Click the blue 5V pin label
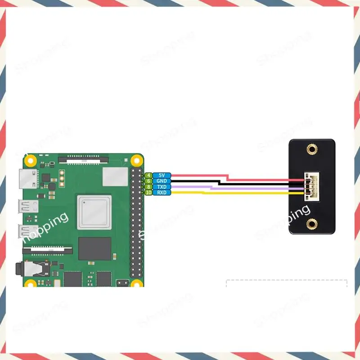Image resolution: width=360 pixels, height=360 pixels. coord(161,175)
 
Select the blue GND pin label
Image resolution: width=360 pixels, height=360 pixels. coord(161,181)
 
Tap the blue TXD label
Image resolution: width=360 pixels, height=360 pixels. coord(161,187)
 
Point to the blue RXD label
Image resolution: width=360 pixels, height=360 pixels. coord(161,193)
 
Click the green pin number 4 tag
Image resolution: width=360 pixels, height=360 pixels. coord(148,175)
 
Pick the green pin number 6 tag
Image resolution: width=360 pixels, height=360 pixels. coord(148,181)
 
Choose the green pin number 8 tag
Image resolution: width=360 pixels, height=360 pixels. coord(148,187)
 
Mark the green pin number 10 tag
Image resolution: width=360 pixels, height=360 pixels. coord(148,193)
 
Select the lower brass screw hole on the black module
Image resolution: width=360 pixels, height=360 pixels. coord(311,223)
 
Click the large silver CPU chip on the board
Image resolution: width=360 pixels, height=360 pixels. coord(94,212)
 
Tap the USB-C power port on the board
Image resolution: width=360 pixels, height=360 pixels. coord(27,179)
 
